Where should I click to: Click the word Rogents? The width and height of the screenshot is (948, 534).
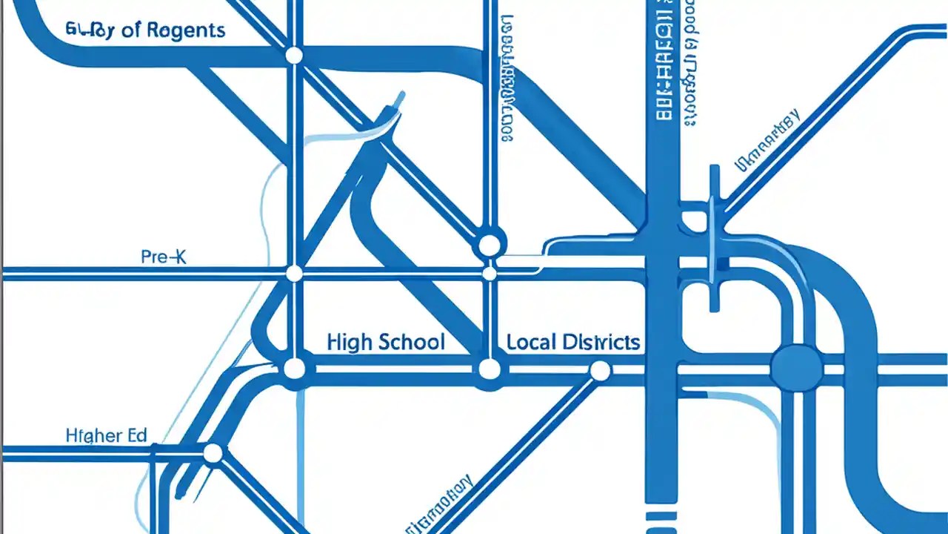(x=185, y=30)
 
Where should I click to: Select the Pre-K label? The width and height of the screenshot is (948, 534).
(x=164, y=257)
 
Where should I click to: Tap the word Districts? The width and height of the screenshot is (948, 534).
(x=601, y=342)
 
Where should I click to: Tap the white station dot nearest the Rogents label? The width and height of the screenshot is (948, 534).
(x=294, y=56)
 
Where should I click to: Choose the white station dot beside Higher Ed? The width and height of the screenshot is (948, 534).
(x=213, y=453)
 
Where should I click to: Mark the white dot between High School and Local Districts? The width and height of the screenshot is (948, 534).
(x=489, y=369)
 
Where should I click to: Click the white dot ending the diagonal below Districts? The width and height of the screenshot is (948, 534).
(x=599, y=370)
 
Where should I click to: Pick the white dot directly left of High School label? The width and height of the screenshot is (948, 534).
(x=294, y=369)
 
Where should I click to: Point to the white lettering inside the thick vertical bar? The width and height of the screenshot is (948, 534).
(x=664, y=67)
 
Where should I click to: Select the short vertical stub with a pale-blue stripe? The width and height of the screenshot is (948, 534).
(x=715, y=237)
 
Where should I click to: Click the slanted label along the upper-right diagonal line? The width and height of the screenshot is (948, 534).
(x=767, y=141)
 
